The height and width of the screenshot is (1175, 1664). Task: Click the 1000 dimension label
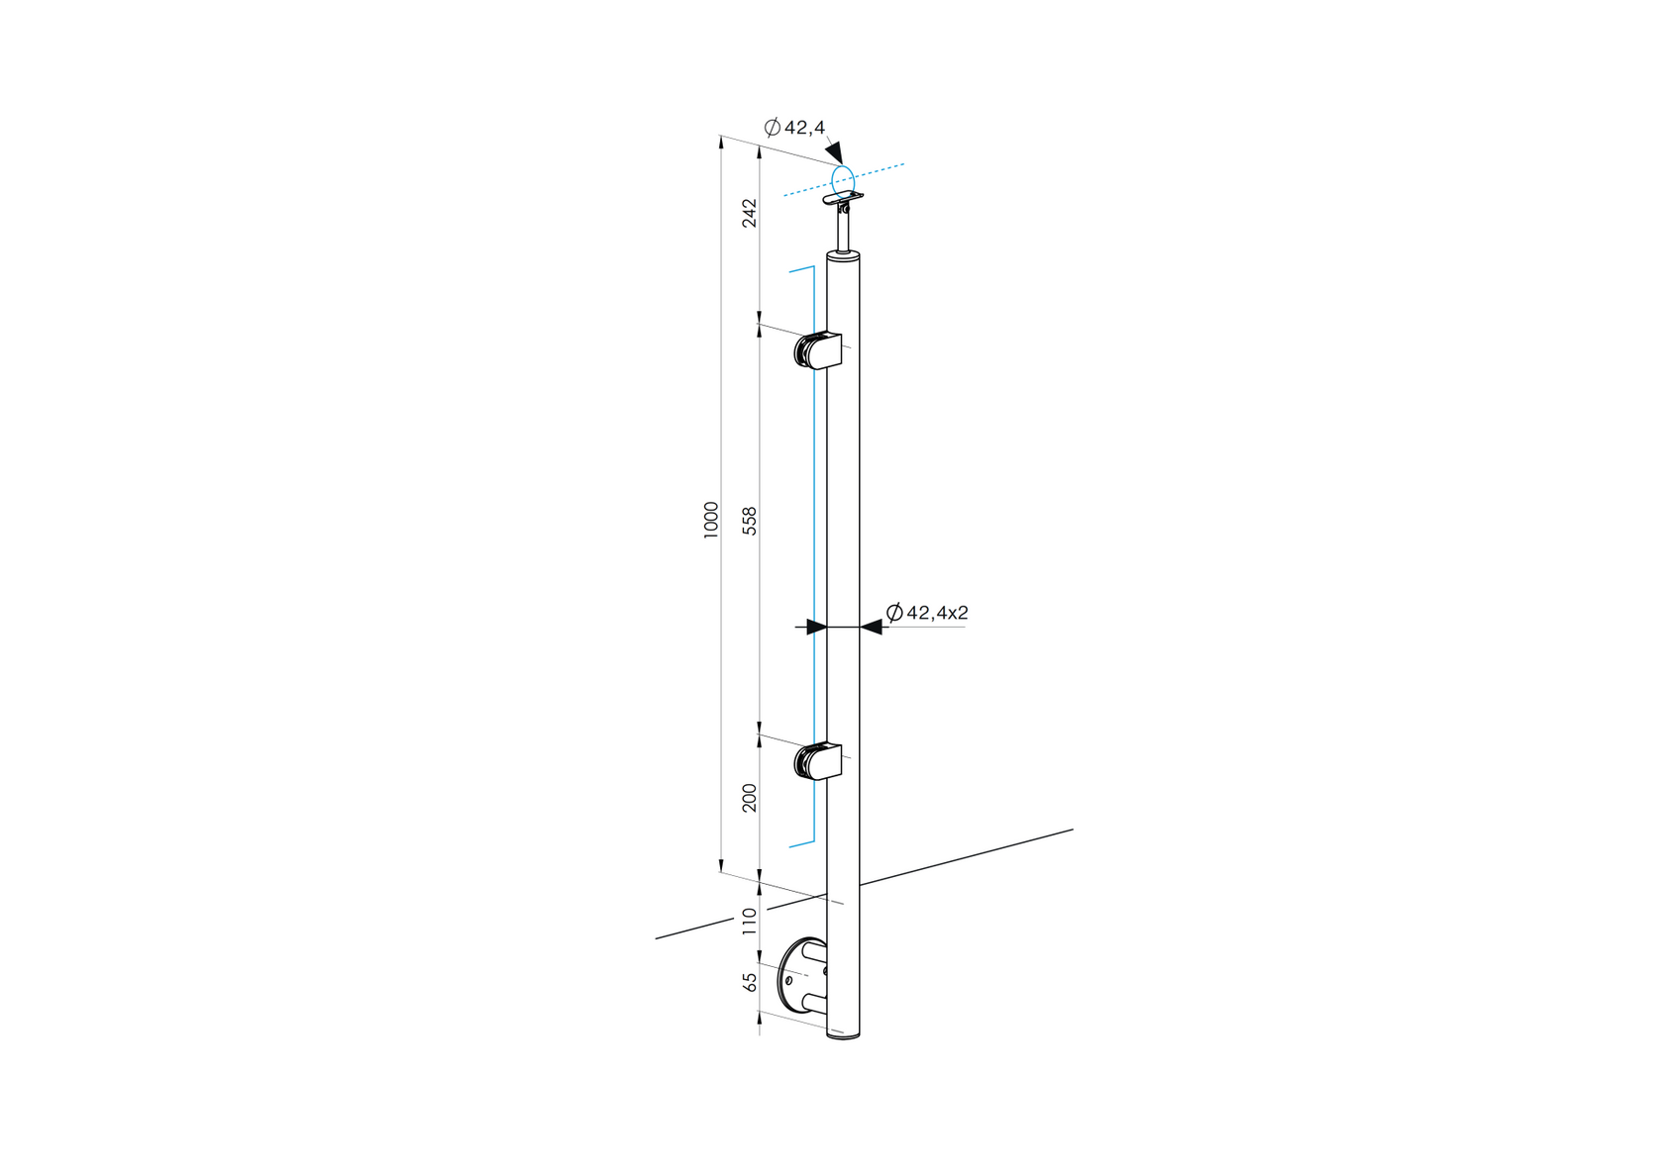(711, 520)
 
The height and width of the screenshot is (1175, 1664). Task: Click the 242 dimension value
(750, 213)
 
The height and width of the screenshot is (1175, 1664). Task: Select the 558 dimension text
(750, 521)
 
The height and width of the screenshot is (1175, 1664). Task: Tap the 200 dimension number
(750, 798)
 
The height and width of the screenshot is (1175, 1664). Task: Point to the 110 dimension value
(750, 921)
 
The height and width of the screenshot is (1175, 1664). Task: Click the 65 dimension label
(750, 981)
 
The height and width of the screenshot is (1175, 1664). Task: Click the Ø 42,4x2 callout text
(927, 613)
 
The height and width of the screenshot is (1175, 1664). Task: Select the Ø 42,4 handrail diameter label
(794, 127)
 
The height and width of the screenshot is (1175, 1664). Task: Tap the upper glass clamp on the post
(819, 350)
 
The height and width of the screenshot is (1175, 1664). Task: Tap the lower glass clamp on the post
(819, 761)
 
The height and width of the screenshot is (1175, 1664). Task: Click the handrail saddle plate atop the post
(842, 200)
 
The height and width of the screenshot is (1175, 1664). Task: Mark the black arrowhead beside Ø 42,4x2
(871, 627)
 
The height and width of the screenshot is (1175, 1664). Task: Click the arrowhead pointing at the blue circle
(834, 152)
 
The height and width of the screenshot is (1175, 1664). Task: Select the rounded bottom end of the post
(843, 1032)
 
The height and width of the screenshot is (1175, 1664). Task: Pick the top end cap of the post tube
(843, 256)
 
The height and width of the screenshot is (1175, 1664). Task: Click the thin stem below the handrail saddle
(844, 234)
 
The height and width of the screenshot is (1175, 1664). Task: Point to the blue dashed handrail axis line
(882, 170)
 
